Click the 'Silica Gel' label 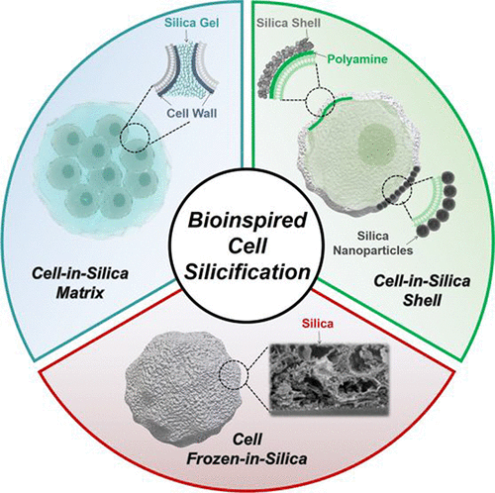[191, 23]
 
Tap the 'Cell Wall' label [192, 113]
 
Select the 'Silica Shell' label [288, 23]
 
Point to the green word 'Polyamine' [357, 59]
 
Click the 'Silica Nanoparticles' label [373, 244]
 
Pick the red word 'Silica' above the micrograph [318, 324]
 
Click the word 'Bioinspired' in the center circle [247, 220]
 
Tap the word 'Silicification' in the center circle [247, 272]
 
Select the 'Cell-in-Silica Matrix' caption [80, 283]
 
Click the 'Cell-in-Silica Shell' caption [422, 291]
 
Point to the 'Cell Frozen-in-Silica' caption [247, 449]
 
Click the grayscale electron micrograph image [329, 379]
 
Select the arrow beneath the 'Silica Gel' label [188, 36]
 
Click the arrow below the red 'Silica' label [320, 337]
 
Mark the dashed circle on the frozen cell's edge [234, 374]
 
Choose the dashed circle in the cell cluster [135, 138]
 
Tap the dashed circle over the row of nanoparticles [397, 190]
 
